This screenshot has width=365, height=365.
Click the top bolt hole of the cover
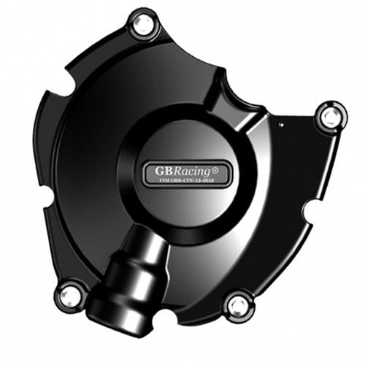click(x=140, y=25)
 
